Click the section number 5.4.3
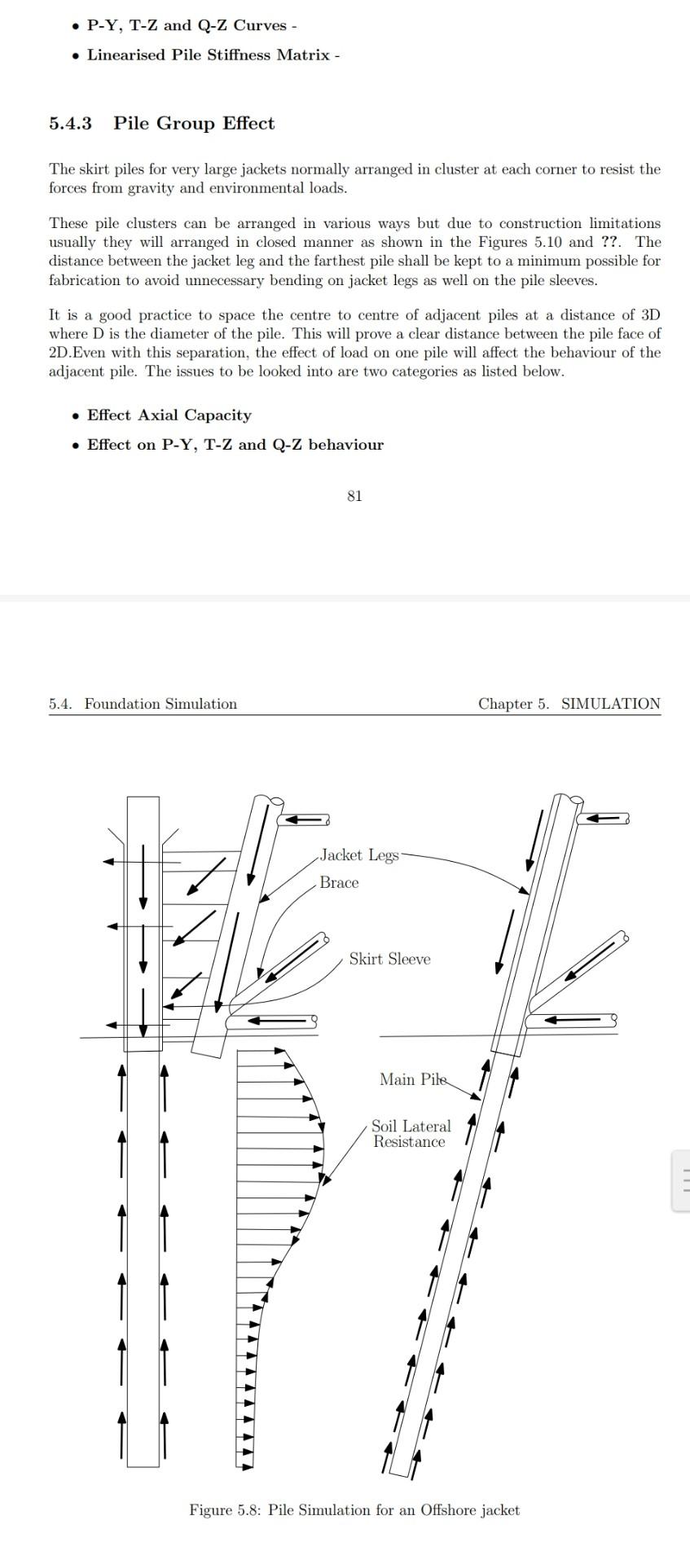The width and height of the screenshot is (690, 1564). pos(70,124)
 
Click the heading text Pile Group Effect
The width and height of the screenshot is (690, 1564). pos(194,124)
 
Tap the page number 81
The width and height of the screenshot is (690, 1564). pos(354,496)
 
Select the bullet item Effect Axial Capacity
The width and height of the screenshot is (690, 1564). pos(169,415)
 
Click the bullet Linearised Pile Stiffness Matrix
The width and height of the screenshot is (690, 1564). pos(209,55)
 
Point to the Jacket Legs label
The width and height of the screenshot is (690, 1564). pos(359,855)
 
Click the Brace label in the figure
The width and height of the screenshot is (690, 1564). pos(339,883)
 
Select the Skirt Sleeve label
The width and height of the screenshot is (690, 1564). pos(389,960)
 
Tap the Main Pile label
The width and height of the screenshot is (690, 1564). pos(413,1080)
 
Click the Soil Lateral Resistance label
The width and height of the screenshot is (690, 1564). pos(411,1134)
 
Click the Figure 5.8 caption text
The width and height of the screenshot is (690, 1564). pos(354,1510)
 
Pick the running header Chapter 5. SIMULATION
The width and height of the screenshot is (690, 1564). pos(569,704)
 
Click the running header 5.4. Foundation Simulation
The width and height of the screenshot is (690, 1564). pos(143,704)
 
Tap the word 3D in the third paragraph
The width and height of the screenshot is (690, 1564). pos(650,315)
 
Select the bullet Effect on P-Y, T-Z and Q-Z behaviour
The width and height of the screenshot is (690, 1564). pos(235,445)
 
